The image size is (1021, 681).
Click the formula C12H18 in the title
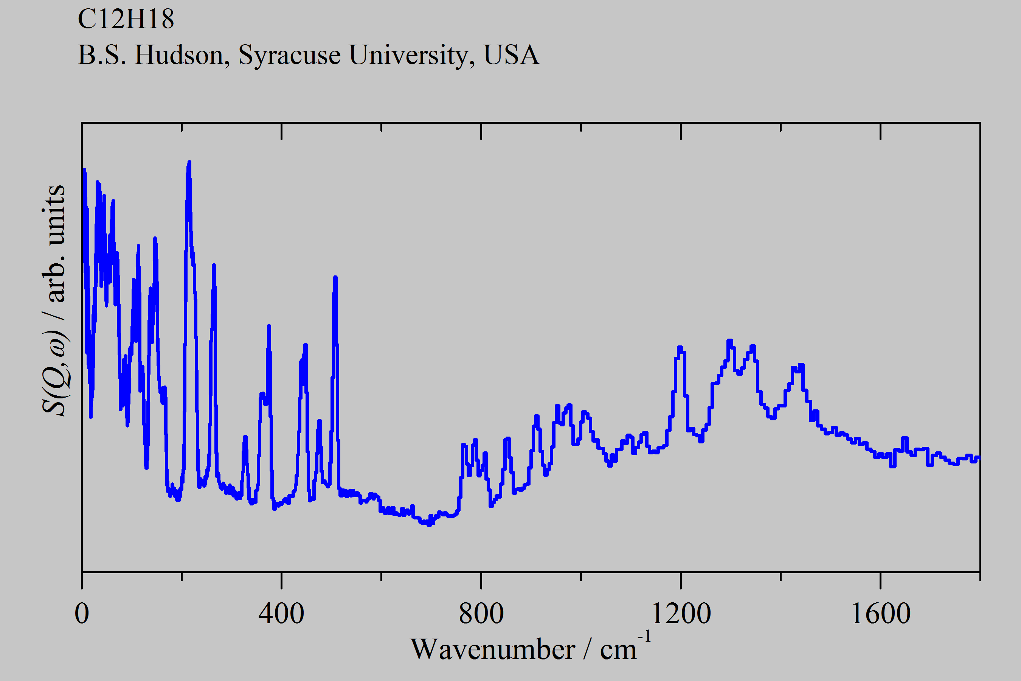click(x=126, y=19)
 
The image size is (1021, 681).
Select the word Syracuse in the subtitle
click(x=290, y=56)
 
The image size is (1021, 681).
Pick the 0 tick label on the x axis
click(x=82, y=614)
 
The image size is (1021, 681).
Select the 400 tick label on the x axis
click(x=281, y=614)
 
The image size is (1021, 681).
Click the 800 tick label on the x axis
click(x=481, y=614)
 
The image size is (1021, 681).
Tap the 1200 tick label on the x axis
click(x=681, y=614)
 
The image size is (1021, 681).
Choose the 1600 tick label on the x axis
click(x=880, y=614)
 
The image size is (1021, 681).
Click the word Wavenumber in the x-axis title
click(x=493, y=650)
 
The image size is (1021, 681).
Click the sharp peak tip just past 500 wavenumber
click(x=335, y=278)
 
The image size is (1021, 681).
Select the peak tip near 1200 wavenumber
click(x=680, y=347)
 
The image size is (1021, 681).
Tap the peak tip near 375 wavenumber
click(x=269, y=326)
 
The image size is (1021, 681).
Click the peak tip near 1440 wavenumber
click(x=801, y=365)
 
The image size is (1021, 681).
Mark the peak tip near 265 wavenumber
click(x=214, y=265)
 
